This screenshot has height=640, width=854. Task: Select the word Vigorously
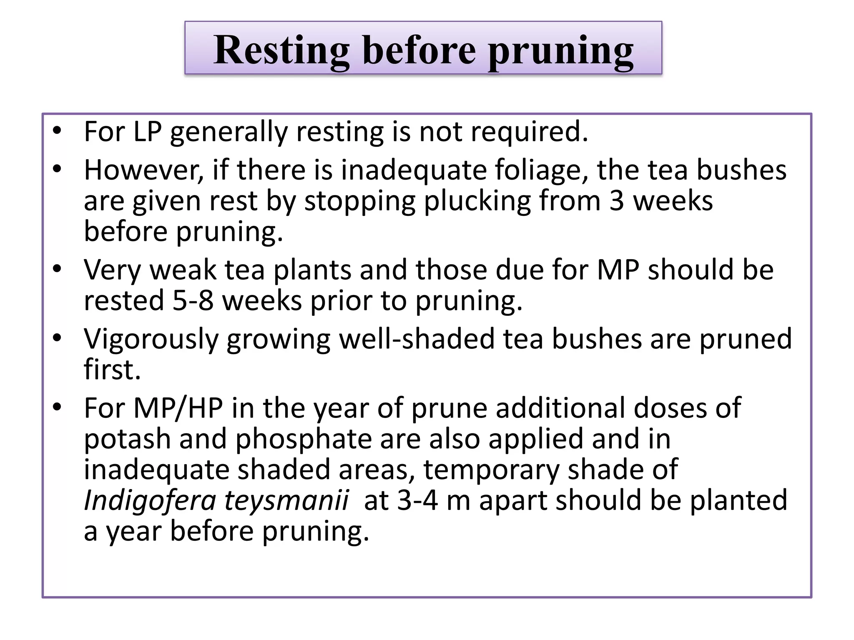click(151, 339)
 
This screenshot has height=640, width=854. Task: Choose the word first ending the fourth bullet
click(112, 370)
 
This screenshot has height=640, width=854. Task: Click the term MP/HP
click(178, 408)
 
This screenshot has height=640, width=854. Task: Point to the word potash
click(127, 439)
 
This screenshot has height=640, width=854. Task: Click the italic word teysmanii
click(286, 501)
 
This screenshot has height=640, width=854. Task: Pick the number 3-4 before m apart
click(417, 501)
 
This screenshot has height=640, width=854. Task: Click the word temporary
click(491, 470)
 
